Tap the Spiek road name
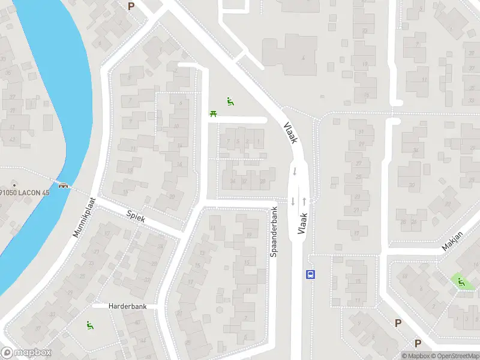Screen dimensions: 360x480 136,216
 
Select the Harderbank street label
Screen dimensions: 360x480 127,306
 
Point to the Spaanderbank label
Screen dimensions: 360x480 274,233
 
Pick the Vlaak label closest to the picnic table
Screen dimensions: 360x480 290,132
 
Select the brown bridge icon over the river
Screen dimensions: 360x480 62,185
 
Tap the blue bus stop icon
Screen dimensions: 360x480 311,275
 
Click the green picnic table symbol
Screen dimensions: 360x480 213,113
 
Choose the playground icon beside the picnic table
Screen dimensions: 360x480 230,101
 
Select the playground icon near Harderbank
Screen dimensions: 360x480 90,326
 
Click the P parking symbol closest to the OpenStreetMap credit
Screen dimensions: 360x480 418,343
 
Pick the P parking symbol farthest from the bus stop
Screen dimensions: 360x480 131,6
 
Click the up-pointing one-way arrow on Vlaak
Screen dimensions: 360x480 304,201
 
